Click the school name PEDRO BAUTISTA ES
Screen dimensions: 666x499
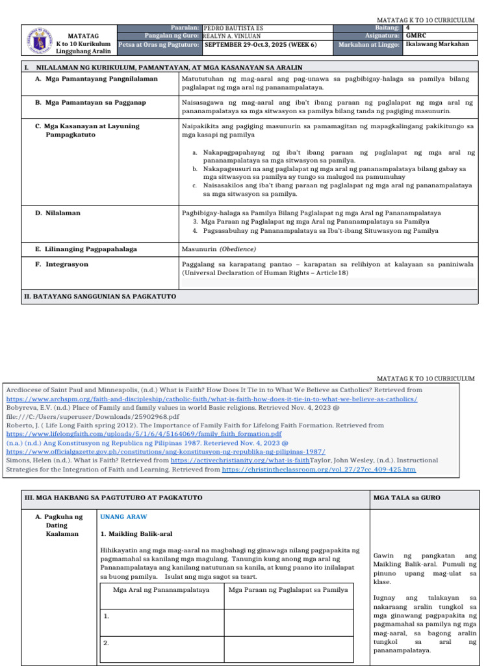pyautogui.click(x=234, y=29)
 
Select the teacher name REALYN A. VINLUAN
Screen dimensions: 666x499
pyautogui.click(x=233, y=36)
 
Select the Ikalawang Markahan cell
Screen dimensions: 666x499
pyautogui.click(x=437, y=45)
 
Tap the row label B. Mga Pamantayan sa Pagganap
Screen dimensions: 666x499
pyautogui.click(x=95, y=102)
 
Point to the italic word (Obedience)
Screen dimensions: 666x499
pyautogui.click(x=237, y=248)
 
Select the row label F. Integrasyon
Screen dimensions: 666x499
pyautogui.click(x=66, y=264)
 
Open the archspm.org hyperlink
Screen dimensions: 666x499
pyautogui.click(x=212, y=399)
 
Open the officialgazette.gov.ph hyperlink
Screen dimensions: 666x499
pyautogui.click(x=166, y=451)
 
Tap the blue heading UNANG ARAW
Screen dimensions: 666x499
pyautogui.click(x=123, y=517)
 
